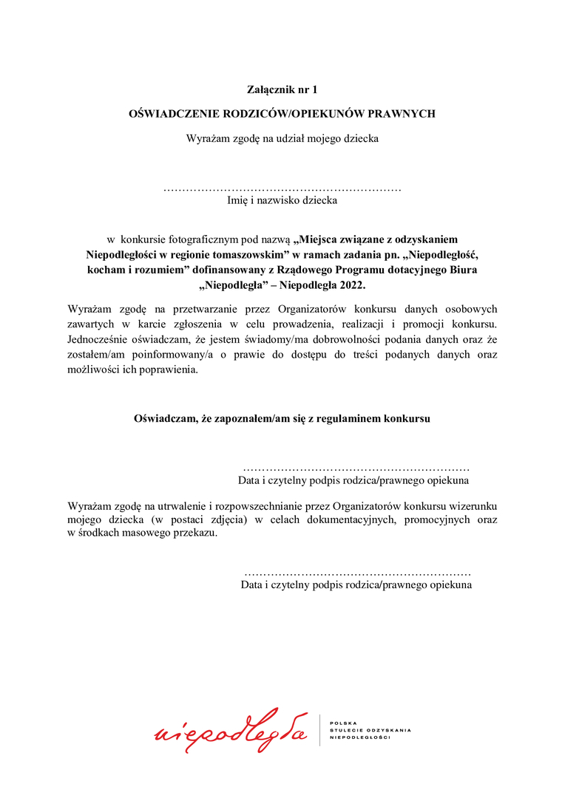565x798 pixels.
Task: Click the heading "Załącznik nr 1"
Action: coord(282,90)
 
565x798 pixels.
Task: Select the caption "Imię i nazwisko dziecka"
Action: coord(282,199)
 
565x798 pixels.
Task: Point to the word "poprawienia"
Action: coord(171,369)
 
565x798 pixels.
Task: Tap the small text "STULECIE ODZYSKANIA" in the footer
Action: coord(370,730)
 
